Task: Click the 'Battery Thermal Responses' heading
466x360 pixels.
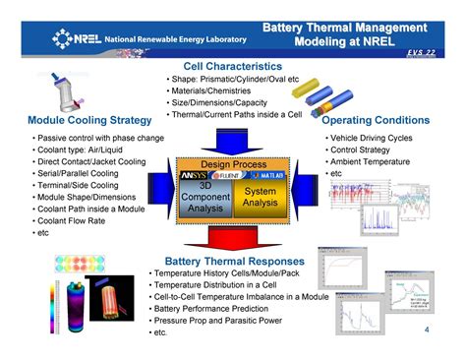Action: point(233,262)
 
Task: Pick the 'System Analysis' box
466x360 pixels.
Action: point(260,197)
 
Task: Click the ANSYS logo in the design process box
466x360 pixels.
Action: point(194,175)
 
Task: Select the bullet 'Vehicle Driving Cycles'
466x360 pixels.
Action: point(374,139)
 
